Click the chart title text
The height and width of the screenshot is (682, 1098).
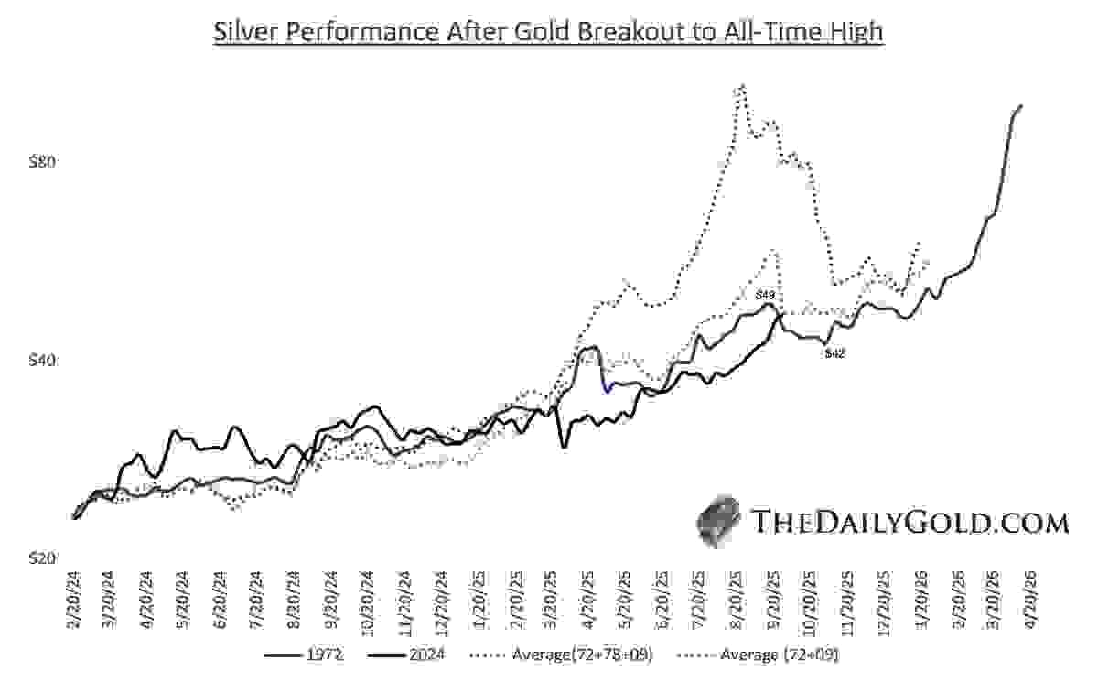[x=548, y=32]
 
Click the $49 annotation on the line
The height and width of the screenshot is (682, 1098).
[x=766, y=295]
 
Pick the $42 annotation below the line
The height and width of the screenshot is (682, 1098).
[x=834, y=352]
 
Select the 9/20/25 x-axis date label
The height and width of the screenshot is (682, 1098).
[x=775, y=601]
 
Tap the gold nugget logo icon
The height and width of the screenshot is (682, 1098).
[x=718, y=521]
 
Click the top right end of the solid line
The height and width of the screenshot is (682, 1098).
[x=1021, y=106]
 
